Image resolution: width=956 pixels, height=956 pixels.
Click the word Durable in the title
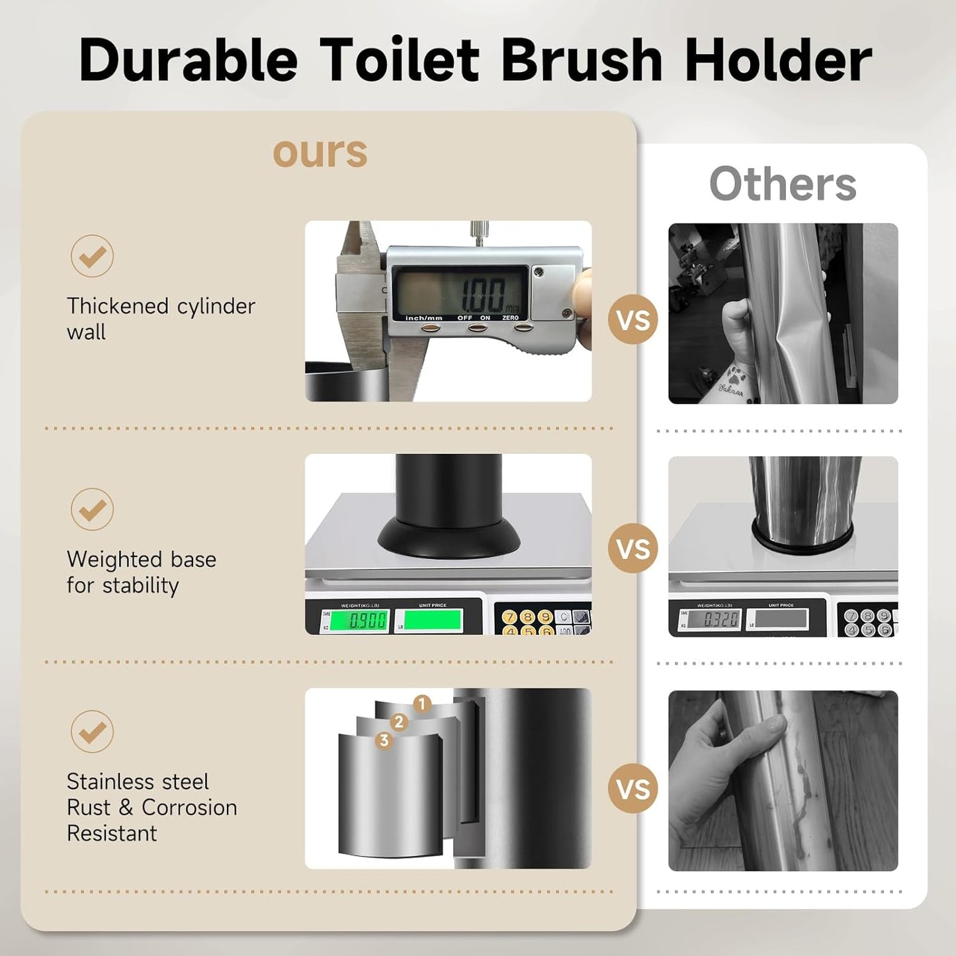coord(188,60)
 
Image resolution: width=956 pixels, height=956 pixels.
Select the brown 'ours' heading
coord(320,152)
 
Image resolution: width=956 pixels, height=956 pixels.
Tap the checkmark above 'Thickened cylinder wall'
coord(92,256)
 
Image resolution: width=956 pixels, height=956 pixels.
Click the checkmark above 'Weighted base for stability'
coord(92,509)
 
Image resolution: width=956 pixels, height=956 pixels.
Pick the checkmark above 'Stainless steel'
coord(92,732)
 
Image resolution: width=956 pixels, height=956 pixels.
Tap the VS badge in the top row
coord(633,320)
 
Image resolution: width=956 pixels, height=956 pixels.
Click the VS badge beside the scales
coord(633,549)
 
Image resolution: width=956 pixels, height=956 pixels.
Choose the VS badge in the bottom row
coord(633,789)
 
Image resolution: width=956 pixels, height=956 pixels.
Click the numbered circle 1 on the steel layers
coord(422,704)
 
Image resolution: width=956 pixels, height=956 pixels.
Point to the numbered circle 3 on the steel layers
coord(384,740)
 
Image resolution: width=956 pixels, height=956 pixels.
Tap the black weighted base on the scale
coord(449,537)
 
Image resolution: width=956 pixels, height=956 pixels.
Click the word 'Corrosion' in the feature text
coord(189,808)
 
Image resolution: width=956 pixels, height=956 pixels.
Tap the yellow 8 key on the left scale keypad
coord(527,617)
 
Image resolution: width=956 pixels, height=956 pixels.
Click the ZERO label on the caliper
coord(511,318)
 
